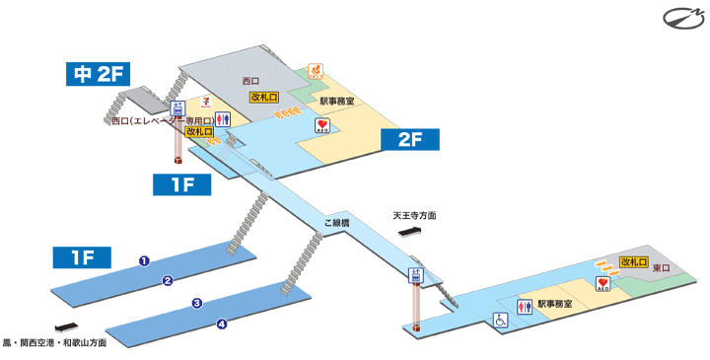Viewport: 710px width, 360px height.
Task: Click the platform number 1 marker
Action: (x=144, y=261)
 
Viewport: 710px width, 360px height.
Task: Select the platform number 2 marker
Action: (x=169, y=280)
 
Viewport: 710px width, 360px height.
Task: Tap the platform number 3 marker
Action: (x=197, y=303)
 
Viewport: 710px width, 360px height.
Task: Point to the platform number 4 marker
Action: (x=222, y=324)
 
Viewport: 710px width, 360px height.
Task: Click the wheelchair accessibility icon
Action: (x=500, y=320)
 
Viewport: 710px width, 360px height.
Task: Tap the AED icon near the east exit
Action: (x=603, y=285)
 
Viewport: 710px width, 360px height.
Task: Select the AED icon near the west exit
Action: (x=323, y=126)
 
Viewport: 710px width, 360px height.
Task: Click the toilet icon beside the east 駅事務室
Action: (x=524, y=307)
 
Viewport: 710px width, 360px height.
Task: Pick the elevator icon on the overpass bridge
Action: (x=416, y=276)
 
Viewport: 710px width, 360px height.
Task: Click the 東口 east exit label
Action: (x=660, y=268)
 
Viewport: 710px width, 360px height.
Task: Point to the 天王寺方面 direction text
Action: (x=414, y=216)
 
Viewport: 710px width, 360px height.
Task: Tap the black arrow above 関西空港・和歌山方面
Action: (x=67, y=327)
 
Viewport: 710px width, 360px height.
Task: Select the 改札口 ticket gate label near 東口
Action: (x=633, y=261)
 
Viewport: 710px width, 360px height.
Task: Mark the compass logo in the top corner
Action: (x=681, y=19)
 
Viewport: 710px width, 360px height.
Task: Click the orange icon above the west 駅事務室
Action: (x=317, y=71)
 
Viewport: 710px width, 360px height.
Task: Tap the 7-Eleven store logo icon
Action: (x=205, y=101)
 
